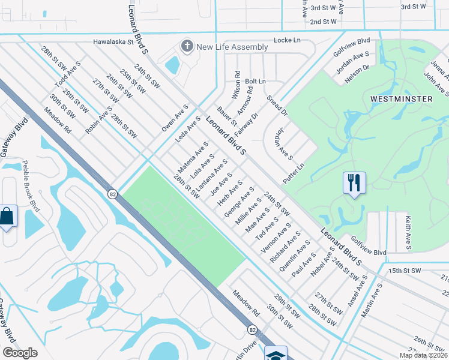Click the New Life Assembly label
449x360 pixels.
(x=232, y=47)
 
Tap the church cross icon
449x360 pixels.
(x=187, y=46)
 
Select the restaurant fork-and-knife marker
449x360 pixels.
(x=354, y=181)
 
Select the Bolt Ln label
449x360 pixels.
(x=255, y=81)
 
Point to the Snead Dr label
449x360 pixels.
(x=278, y=105)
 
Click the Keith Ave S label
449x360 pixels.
(x=409, y=232)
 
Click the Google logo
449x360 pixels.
(x=20, y=353)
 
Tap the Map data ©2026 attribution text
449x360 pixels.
(x=423, y=355)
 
